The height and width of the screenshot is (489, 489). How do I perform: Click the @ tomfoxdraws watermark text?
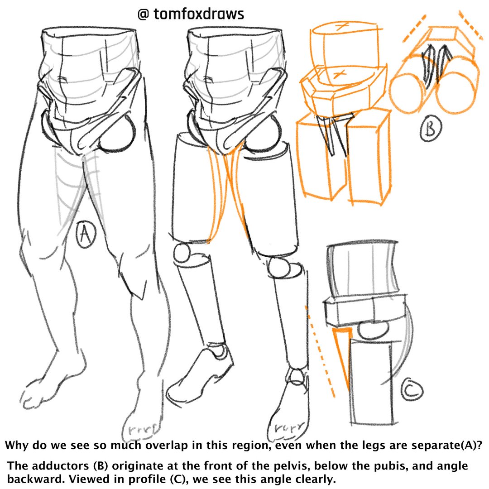(x=191, y=14)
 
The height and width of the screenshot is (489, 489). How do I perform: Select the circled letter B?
(x=429, y=129)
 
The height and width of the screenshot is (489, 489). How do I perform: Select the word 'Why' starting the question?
(x=17, y=445)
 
